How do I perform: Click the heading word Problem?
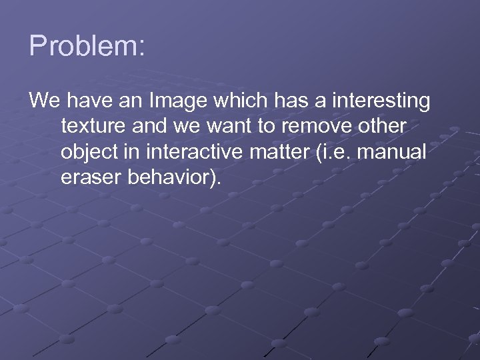pos(87,47)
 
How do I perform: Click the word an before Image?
pos(131,101)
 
